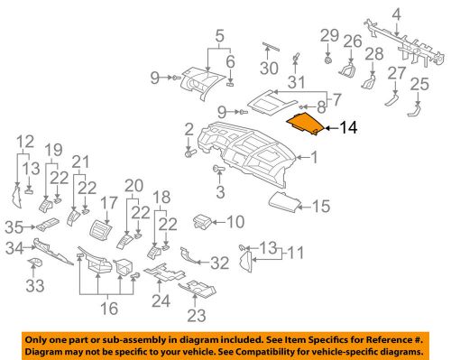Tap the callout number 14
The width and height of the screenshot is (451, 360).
pos(348,129)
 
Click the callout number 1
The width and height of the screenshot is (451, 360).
pos(314,159)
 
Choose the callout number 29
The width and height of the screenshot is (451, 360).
pos(328,35)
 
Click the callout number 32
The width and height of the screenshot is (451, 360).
pos(219,263)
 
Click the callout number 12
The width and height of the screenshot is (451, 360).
pos(24,141)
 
